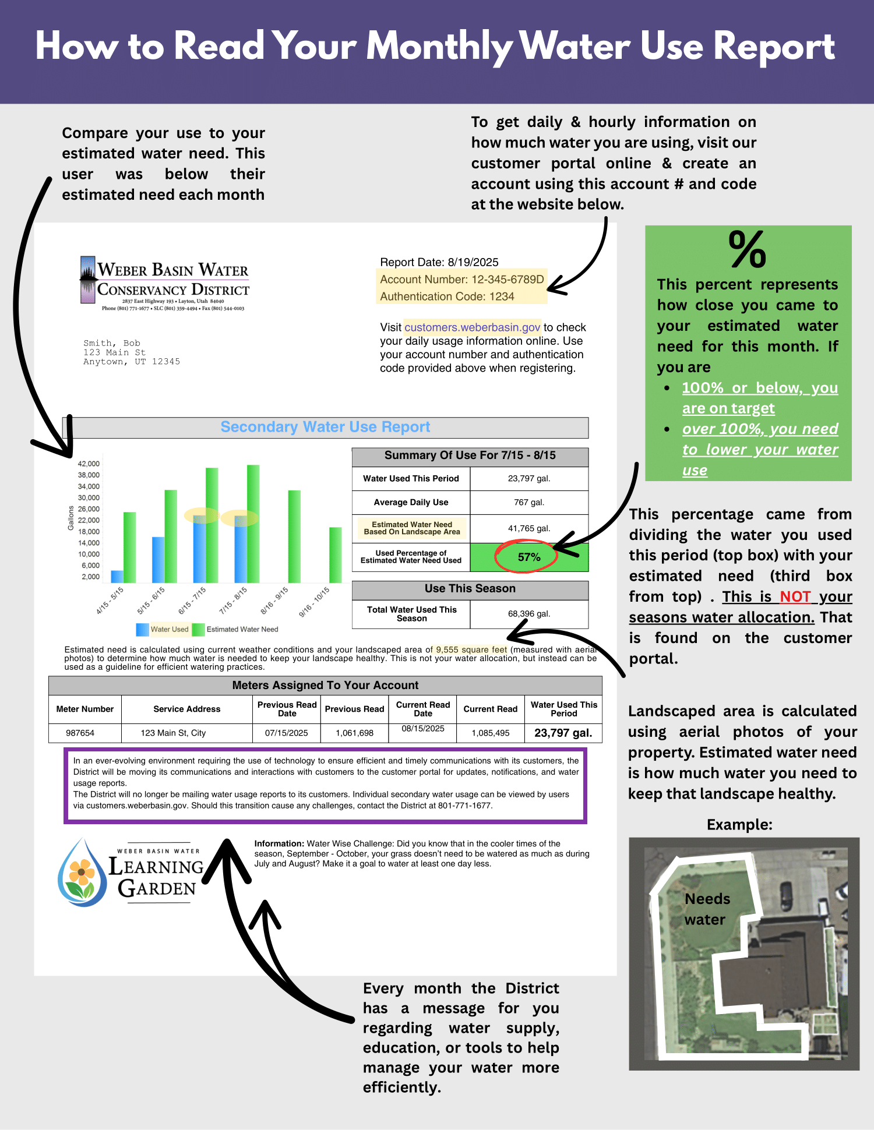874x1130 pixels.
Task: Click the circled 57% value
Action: point(528,557)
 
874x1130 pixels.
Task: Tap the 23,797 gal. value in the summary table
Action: point(528,479)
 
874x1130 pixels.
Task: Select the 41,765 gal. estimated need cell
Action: point(528,528)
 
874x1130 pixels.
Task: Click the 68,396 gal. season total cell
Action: point(528,614)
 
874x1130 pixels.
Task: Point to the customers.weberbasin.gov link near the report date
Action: point(472,327)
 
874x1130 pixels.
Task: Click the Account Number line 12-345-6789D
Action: point(461,280)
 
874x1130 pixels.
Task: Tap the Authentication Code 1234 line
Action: point(447,296)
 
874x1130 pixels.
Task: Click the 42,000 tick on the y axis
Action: point(89,464)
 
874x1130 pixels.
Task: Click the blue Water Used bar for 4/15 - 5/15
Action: point(117,576)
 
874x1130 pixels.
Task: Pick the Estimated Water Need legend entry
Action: point(235,630)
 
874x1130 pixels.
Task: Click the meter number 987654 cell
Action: point(80,733)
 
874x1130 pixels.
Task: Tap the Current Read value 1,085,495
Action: point(490,733)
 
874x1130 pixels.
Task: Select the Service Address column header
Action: point(186,709)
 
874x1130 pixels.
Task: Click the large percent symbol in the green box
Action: point(747,249)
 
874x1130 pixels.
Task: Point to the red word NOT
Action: point(795,596)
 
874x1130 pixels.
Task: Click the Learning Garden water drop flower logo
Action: point(82,873)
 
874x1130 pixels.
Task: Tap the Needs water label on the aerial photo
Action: point(706,909)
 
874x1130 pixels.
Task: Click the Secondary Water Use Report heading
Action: point(325,427)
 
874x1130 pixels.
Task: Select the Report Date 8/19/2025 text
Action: point(439,262)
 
